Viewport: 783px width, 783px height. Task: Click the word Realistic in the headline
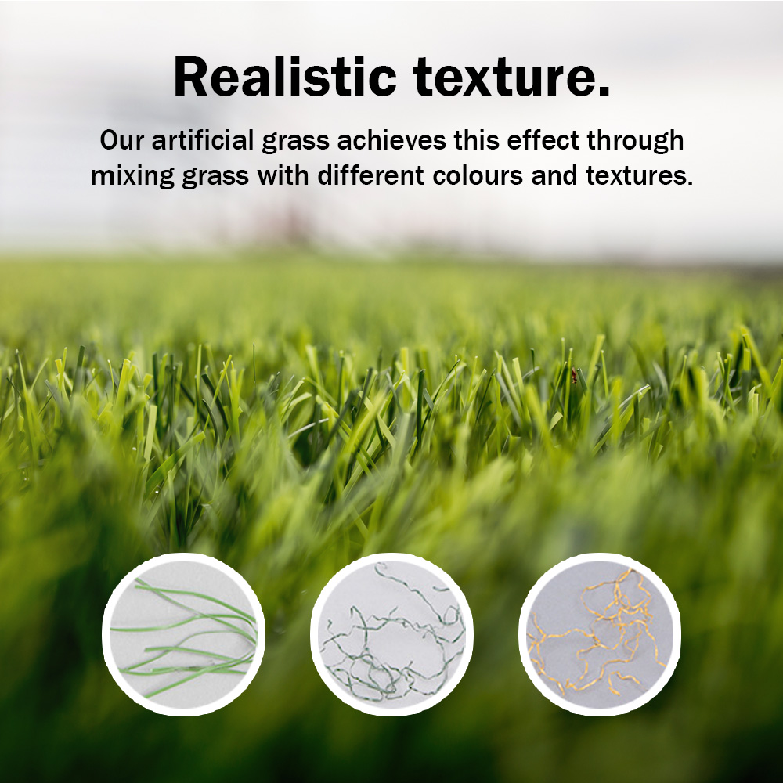285,77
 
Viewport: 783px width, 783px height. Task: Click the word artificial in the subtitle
203,140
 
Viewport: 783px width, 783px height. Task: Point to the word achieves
391,140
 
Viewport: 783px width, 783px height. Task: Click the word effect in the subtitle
543,140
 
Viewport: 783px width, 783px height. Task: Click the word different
370,175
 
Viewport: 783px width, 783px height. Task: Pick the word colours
478,175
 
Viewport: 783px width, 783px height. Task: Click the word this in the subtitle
476,140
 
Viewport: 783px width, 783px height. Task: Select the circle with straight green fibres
183,634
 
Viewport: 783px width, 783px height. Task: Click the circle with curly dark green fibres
391,634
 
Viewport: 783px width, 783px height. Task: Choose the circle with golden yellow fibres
600,634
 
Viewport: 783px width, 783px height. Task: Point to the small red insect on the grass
575,375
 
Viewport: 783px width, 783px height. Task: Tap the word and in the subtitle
554,175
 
